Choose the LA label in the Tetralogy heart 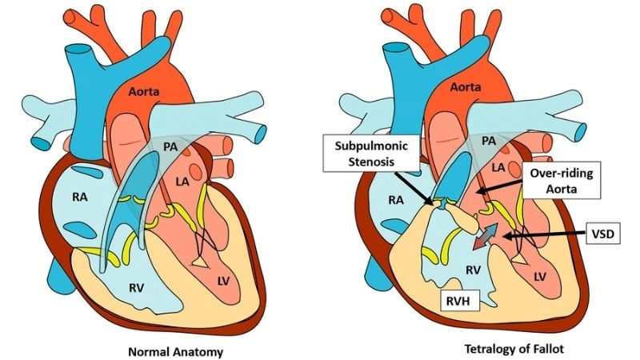pyautogui.click(x=497, y=167)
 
